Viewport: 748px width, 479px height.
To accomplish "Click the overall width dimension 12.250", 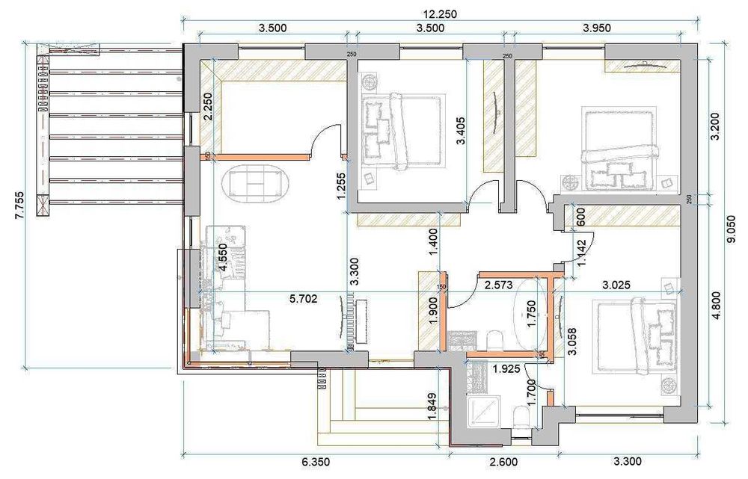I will [x=440, y=13].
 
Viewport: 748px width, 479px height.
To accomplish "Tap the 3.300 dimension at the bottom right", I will [x=627, y=461].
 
